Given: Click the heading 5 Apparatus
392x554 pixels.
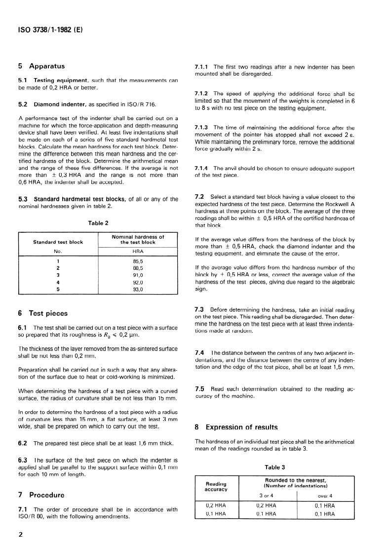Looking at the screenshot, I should tap(42, 66).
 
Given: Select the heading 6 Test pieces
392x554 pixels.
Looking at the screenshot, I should tap(43, 313).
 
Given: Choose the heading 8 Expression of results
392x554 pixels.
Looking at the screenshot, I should tap(236, 427).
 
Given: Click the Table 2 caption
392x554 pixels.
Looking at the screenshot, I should tap(98, 223).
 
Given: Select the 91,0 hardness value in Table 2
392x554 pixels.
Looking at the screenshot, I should tap(138, 275).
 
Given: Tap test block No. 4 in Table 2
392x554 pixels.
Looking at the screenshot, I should tap(58, 283).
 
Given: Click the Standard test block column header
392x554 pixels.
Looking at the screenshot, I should tap(58, 242).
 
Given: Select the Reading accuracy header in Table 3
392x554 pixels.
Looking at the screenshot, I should tap(215, 486).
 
